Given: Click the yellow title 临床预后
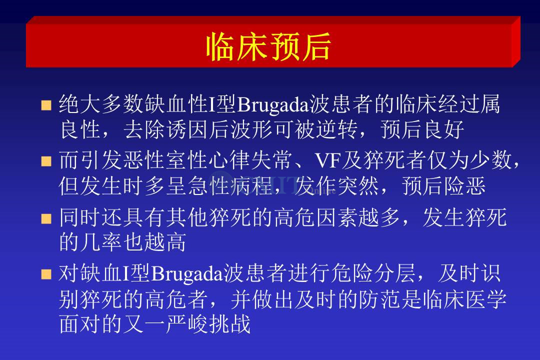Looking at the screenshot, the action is [x=268, y=46].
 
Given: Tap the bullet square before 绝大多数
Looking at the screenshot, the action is [x=46, y=105].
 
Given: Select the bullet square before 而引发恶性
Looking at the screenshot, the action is [x=46, y=161].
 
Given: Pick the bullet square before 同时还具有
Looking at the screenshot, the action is [x=46, y=218].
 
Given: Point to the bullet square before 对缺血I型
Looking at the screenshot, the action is [x=46, y=274].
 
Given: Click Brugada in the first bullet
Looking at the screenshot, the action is [x=273, y=104].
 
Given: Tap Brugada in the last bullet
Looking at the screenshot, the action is [x=186, y=274].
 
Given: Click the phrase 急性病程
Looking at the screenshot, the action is [x=230, y=186].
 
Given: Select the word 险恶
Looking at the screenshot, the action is [x=465, y=186].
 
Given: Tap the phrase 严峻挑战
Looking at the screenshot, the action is [x=208, y=324].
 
